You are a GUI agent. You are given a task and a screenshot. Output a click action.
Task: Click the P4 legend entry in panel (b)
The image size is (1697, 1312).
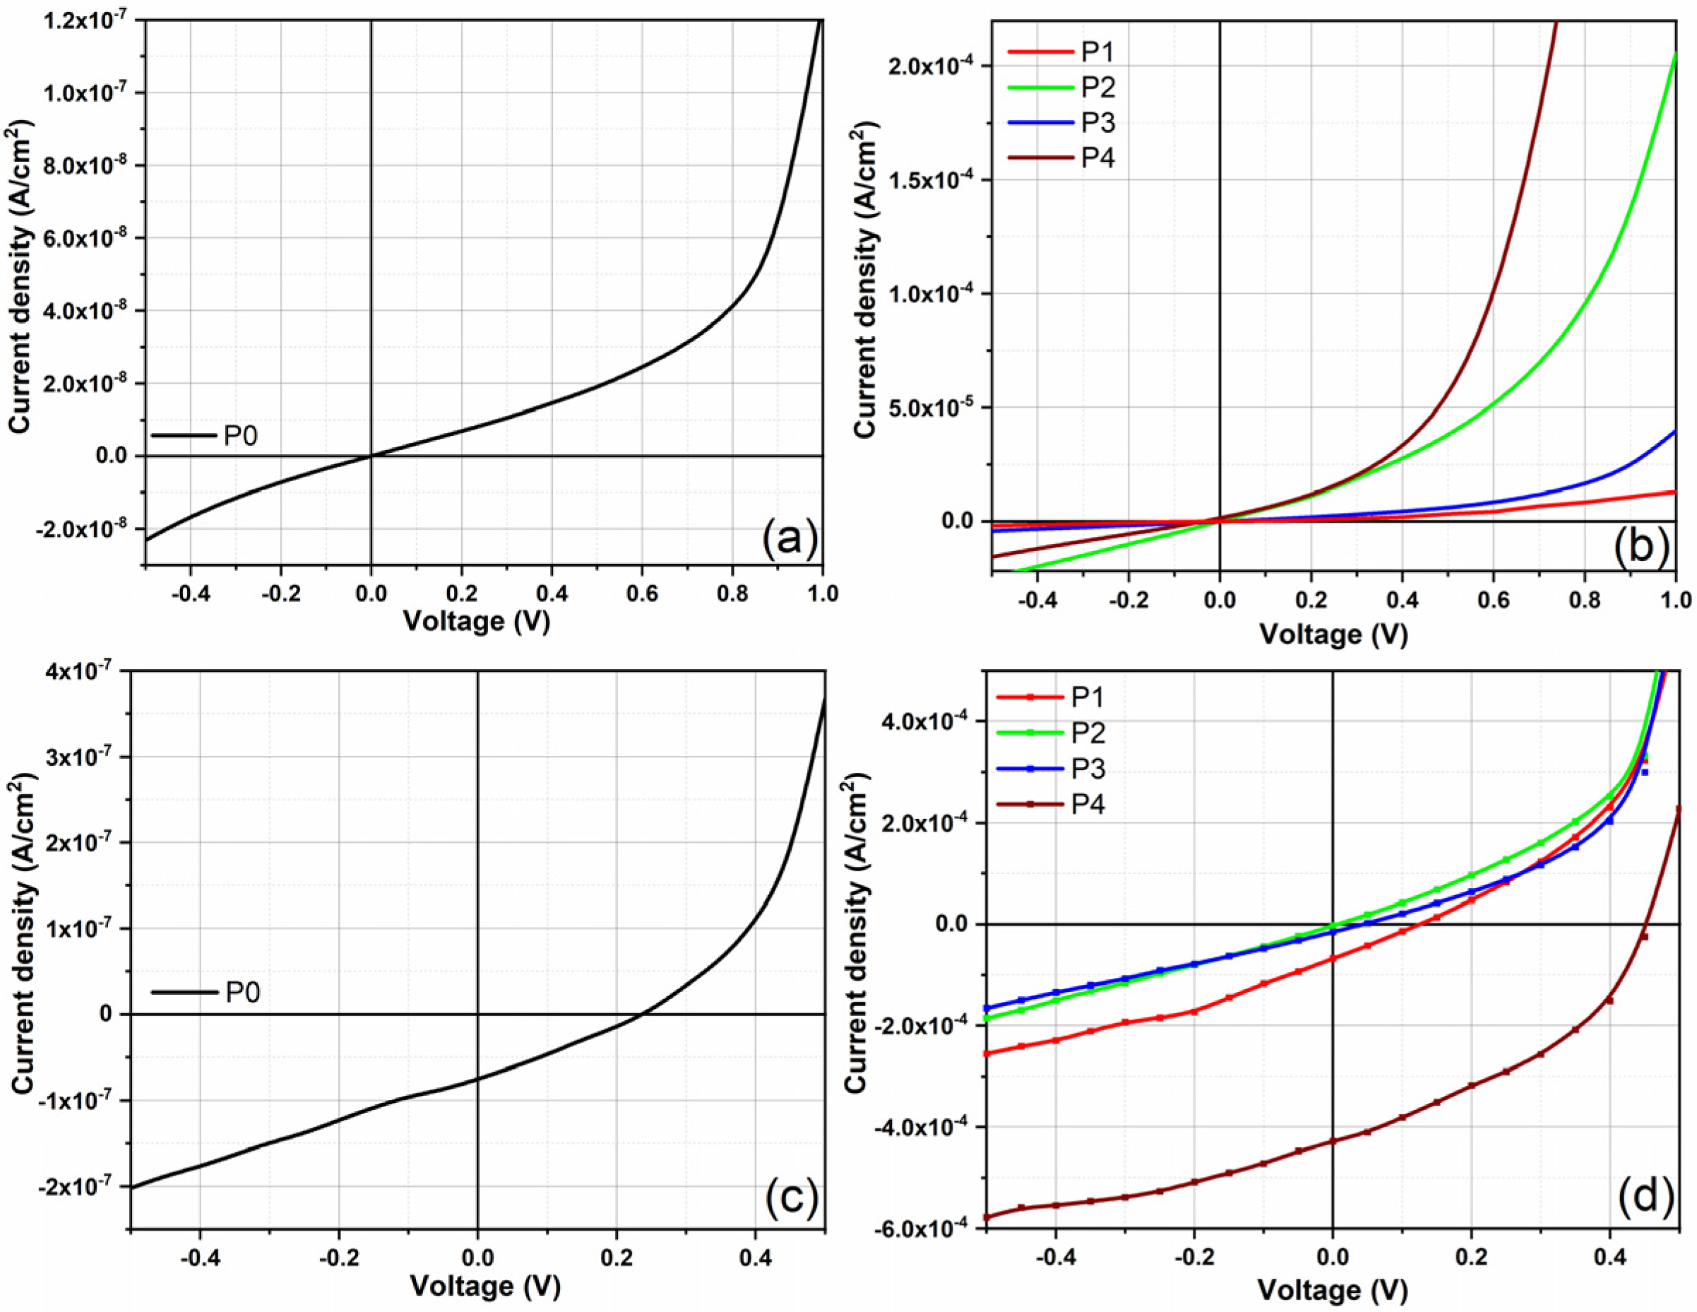(x=1098, y=158)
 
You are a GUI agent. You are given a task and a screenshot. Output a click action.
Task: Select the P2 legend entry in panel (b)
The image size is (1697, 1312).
(x=1098, y=87)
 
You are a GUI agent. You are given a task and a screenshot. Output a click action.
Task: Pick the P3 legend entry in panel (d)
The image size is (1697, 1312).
(x=1088, y=768)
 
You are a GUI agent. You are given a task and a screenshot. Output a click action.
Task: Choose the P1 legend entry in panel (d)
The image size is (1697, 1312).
(x=1088, y=697)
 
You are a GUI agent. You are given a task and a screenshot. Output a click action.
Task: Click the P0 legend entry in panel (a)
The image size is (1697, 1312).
(x=240, y=436)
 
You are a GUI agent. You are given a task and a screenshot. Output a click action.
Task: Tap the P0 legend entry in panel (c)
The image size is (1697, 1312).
(x=242, y=993)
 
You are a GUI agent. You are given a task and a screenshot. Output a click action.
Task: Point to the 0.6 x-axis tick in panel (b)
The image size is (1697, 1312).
(x=1494, y=600)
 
